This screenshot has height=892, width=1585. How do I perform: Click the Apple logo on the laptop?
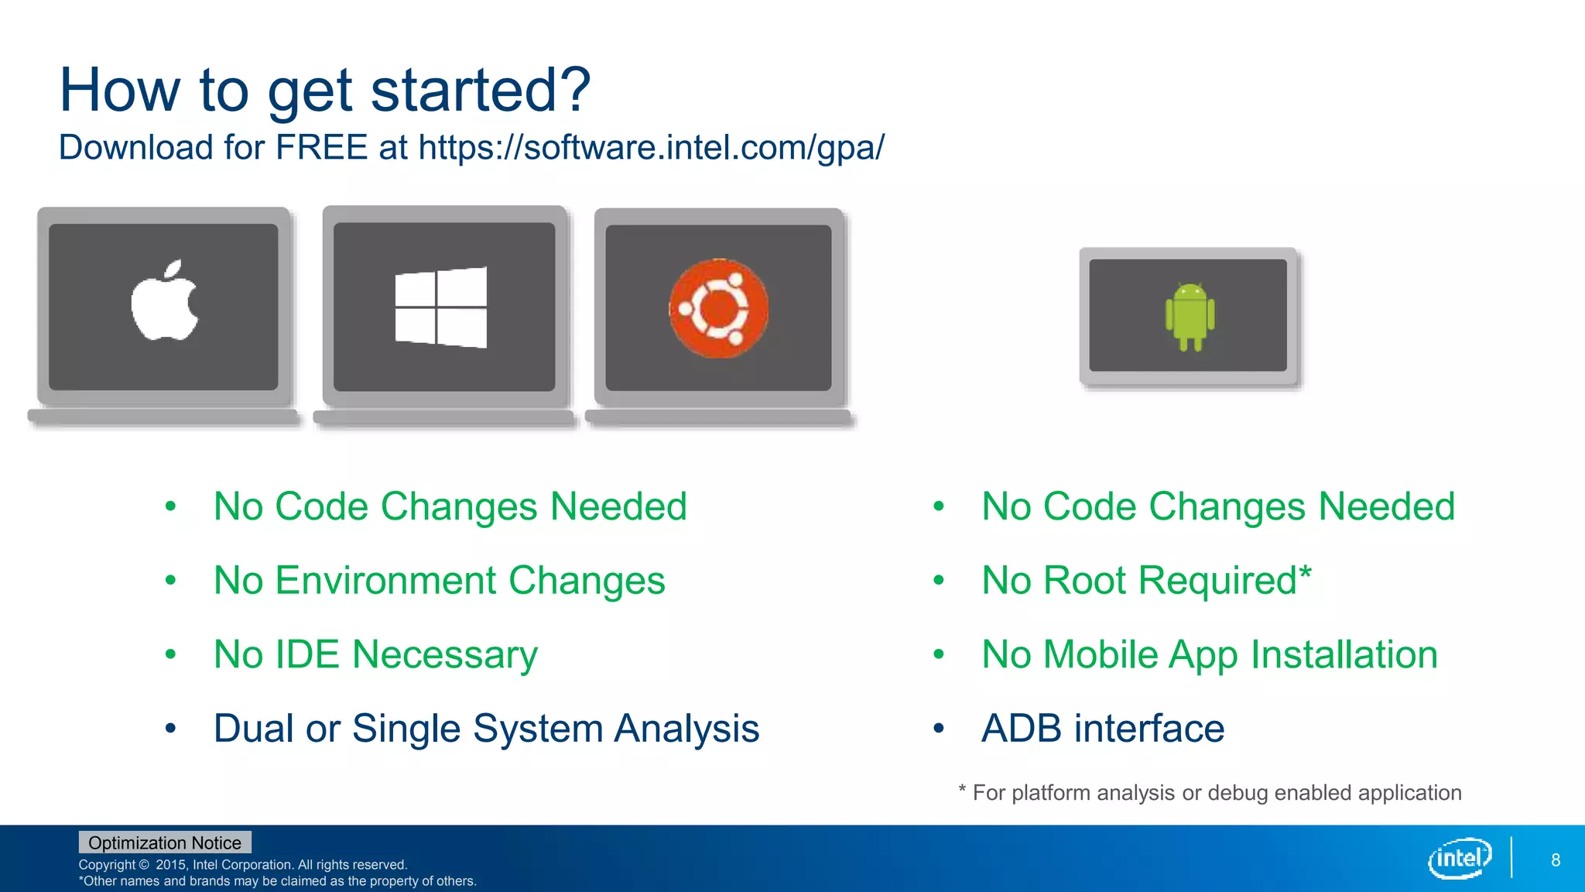[x=164, y=301]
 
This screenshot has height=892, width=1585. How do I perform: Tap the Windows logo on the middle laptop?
[x=441, y=307]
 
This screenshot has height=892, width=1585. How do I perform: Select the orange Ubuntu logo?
[x=719, y=308]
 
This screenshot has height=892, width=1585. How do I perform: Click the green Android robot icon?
[x=1190, y=316]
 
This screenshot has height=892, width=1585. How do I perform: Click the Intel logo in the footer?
[x=1460, y=858]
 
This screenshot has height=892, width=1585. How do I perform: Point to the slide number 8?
[x=1555, y=860]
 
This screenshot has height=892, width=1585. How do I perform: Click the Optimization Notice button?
[x=165, y=842]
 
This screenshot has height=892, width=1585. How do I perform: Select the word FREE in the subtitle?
[x=321, y=147]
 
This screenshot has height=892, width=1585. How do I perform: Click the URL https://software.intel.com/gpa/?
[x=651, y=148]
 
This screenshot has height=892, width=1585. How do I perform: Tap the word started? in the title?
[x=481, y=91]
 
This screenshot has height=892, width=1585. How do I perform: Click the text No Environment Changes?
[x=439, y=581]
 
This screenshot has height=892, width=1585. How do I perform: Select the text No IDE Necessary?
[x=375, y=655]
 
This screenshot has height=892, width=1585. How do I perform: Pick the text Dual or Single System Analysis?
[x=486, y=729]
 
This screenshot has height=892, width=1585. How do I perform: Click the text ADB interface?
[x=1102, y=729]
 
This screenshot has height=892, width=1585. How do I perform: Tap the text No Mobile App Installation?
[x=1209, y=655]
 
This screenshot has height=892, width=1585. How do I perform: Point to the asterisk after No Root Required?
[x=1305, y=573]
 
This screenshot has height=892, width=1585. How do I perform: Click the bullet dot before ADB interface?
[x=939, y=729]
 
